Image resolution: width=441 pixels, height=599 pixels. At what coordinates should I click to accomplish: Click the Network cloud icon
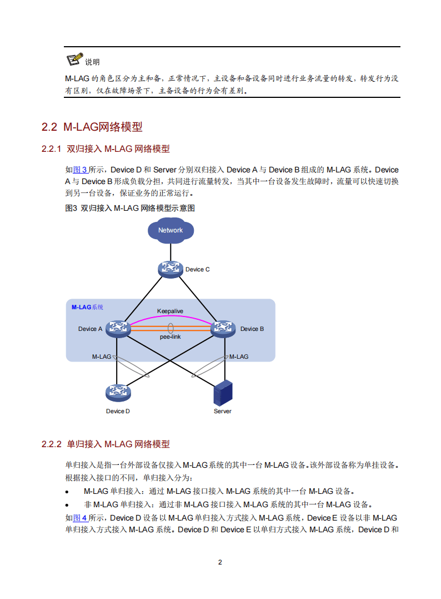pos(170,230)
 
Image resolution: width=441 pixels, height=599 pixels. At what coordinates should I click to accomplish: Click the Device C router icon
pos(170,269)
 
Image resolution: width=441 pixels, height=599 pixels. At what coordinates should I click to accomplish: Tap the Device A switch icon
pos(117,329)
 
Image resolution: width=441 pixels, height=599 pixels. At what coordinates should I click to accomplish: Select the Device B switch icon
pos(224,329)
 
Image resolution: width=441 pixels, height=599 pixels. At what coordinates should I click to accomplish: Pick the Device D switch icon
pos(117,393)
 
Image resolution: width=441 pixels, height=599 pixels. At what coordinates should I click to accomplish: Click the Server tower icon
pos(222,393)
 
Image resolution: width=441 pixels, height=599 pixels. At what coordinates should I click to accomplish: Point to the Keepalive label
pos(170,311)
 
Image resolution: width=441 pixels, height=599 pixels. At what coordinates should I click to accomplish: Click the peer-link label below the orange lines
pos(170,337)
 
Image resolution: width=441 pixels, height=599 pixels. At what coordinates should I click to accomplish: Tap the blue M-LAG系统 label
pos(88,307)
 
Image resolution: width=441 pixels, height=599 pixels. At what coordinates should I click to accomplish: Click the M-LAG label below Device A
pos(102,357)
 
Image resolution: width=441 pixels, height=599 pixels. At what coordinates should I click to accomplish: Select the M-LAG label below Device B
pos(239,357)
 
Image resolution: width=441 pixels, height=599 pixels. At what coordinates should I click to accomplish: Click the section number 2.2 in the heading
pos(49,127)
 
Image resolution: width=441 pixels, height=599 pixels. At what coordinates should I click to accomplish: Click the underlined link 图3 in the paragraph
pos(81,170)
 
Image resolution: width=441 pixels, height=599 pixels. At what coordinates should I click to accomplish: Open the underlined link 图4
pos(81,518)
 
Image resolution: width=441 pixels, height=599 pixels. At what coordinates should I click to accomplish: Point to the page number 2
pos(220,562)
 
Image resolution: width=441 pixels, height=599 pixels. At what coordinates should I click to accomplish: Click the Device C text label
pos(198,270)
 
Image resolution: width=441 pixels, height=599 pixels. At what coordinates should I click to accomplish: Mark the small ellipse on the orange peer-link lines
pos(170,329)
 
